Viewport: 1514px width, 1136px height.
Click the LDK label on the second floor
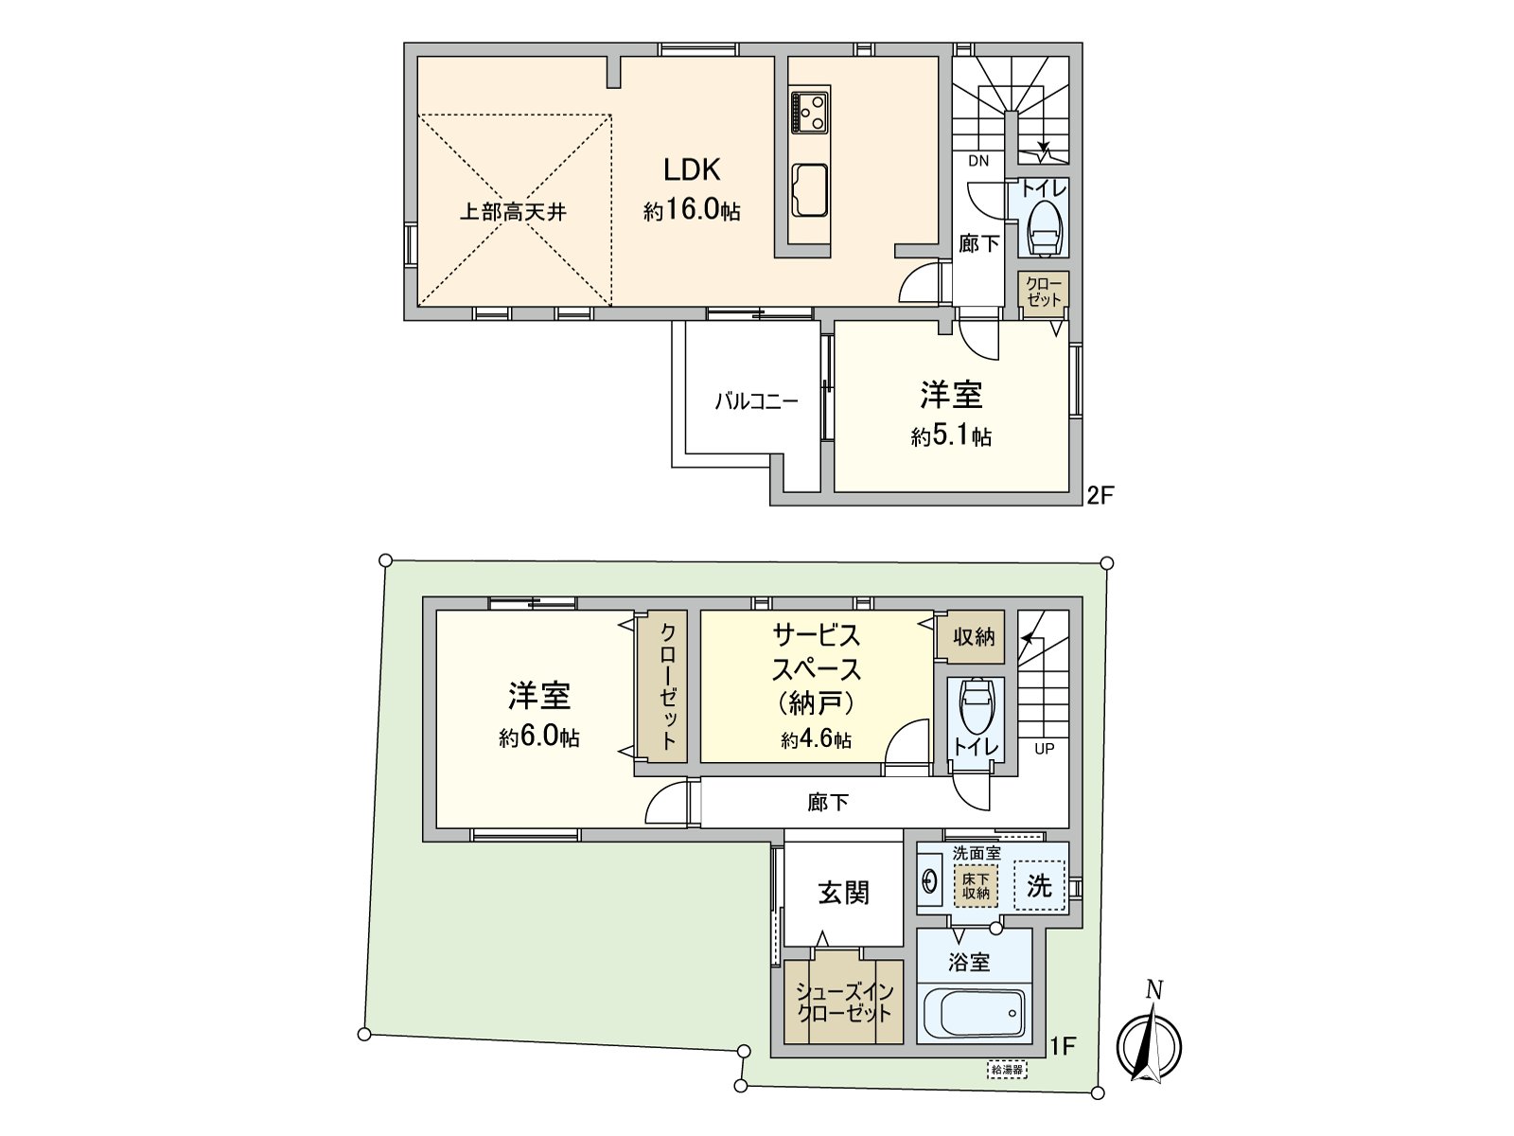pyautogui.click(x=692, y=170)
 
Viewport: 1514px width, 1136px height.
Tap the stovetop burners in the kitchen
pyautogui.click(x=810, y=112)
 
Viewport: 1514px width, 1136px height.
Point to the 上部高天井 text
pyautogui.click(x=513, y=212)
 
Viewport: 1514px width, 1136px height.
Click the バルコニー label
pyautogui.click(x=756, y=401)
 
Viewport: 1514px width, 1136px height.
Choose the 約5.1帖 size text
pyautogui.click(x=951, y=436)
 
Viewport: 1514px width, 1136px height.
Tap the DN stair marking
pyautogui.click(x=978, y=161)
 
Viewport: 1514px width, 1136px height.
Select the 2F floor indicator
pyautogui.click(x=1100, y=494)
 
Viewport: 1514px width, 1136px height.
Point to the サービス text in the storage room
pyautogui.click(x=816, y=634)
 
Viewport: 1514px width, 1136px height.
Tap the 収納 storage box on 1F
pyautogui.click(x=974, y=637)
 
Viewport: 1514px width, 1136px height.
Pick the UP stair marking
pyautogui.click(x=1044, y=749)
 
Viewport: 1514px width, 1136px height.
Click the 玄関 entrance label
pyautogui.click(x=843, y=893)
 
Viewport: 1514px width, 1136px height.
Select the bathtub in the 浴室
pyautogui.click(x=974, y=1015)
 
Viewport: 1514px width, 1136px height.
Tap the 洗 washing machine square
pyautogui.click(x=1039, y=886)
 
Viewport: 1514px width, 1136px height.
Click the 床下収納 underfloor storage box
pyautogui.click(x=976, y=886)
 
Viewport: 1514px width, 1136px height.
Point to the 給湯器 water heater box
pyautogui.click(x=1006, y=1070)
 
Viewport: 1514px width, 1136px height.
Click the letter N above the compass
pyautogui.click(x=1153, y=990)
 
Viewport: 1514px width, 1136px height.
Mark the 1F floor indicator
pyautogui.click(x=1064, y=1046)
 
